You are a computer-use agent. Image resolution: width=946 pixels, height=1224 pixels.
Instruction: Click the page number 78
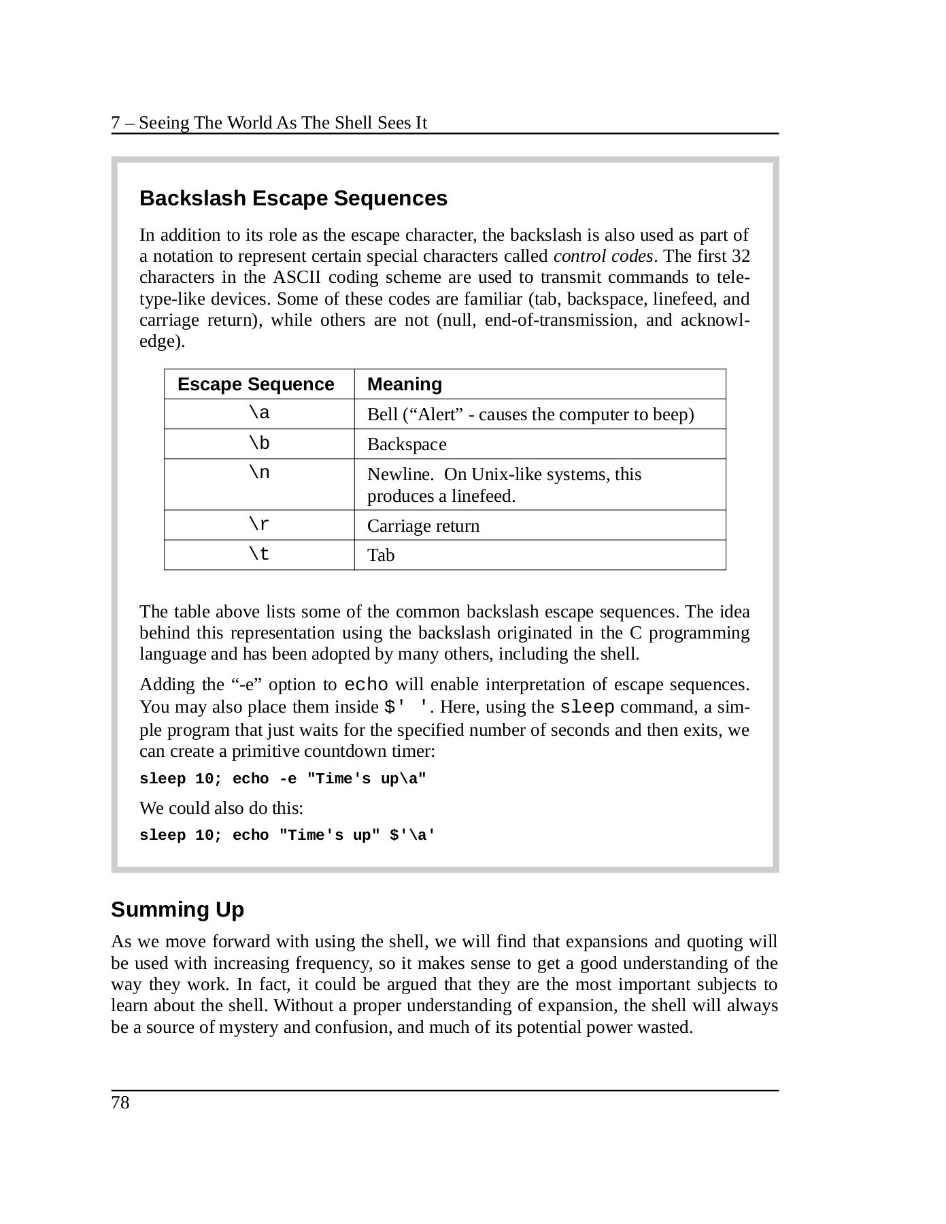click(x=120, y=1102)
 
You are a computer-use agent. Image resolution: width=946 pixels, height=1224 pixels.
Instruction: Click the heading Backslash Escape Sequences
click(x=293, y=199)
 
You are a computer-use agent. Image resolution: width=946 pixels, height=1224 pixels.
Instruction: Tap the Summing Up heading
click(x=178, y=910)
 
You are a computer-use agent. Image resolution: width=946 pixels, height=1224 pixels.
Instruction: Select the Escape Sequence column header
click(x=256, y=384)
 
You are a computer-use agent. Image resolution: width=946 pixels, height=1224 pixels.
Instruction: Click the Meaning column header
click(x=405, y=384)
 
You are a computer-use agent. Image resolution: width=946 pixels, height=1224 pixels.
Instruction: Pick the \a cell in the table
click(x=259, y=413)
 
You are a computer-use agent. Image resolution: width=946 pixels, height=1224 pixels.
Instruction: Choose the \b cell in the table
click(x=259, y=443)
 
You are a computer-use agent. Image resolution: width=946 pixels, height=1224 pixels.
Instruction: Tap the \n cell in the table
click(x=259, y=473)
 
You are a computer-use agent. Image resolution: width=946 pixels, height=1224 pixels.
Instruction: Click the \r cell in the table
click(x=259, y=525)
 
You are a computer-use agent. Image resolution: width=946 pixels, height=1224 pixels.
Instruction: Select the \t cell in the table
click(x=259, y=555)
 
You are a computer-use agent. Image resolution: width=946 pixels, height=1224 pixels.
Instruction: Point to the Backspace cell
click(x=407, y=445)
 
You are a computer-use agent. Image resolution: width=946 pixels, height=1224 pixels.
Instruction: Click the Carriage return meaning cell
click(x=423, y=526)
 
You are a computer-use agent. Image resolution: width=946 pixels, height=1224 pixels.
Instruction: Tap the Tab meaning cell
click(x=381, y=556)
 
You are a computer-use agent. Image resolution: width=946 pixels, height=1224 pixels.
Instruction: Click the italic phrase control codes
click(x=603, y=256)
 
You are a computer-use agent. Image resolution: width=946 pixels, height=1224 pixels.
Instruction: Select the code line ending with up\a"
click(x=283, y=779)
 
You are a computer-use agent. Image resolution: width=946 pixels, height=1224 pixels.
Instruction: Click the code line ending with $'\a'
click(x=287, y=836)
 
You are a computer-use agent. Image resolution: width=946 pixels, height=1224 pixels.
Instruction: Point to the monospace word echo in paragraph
click(x=367, y=684)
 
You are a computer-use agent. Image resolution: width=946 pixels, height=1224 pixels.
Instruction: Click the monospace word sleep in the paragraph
click(x=587, y=707)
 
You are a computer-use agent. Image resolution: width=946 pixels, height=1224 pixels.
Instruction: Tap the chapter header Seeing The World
click(x=269, y=123)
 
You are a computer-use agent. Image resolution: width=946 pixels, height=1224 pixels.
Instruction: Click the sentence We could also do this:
click(x=221, y=809)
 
